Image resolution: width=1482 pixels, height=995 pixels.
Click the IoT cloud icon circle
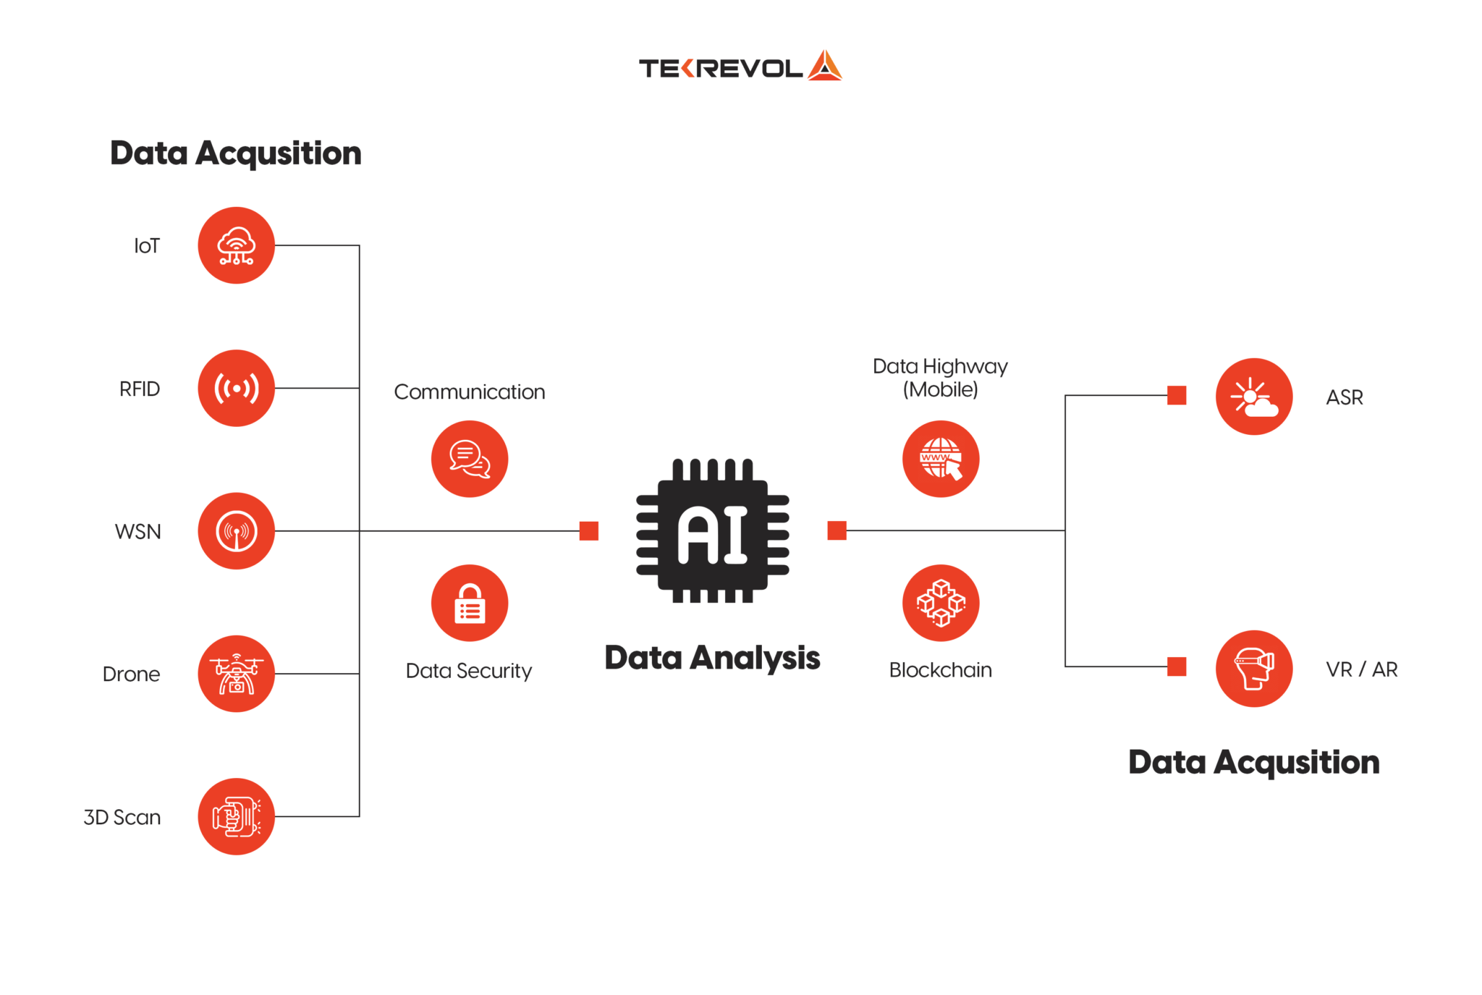click(236, 245)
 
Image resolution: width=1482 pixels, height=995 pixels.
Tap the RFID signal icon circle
click(236, 389)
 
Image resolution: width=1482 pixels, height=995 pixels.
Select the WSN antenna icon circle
click(236, 531)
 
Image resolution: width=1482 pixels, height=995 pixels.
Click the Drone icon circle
click(236, 674)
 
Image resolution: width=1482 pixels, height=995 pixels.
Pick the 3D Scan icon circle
click(236, 816)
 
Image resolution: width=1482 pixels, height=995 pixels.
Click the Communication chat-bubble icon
click(470, 459)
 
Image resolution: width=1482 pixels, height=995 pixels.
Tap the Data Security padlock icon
click(470, 603)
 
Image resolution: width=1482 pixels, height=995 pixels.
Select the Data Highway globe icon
click(941, 459)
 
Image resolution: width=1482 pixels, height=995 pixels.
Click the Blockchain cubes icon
click(941, 603)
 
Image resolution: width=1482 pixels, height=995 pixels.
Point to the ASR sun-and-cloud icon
click(1254, 397)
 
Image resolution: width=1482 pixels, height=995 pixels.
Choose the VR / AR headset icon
click(1254, 669)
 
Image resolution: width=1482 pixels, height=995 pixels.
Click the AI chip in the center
click(713, 531)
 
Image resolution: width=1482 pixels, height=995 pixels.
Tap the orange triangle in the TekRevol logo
click(825, 66)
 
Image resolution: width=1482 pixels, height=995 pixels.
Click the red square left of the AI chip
click(589, 531)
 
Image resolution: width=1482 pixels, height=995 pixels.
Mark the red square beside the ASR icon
click(1177, 395)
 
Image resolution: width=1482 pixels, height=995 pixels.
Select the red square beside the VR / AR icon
click(1177, 666)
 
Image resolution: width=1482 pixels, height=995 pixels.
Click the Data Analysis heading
click(712, 658)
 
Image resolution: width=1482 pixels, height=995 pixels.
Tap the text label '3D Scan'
click(122, 817)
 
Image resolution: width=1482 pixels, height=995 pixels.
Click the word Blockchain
click(940, 670)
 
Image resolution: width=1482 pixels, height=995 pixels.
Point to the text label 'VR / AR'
click(1361, 669)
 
